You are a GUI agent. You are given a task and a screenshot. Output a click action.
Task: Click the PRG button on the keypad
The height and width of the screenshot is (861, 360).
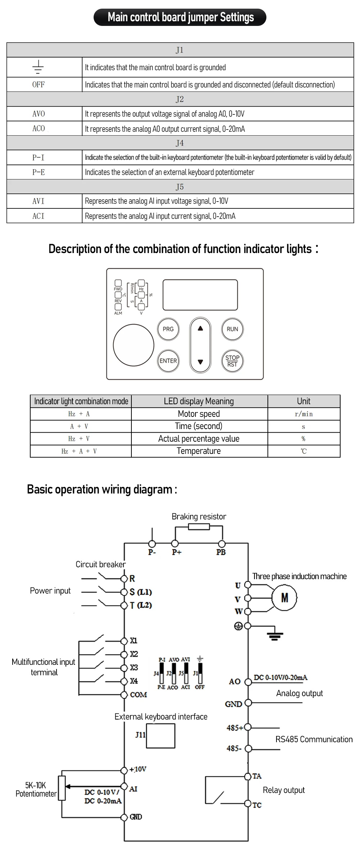click(x=168, y=329)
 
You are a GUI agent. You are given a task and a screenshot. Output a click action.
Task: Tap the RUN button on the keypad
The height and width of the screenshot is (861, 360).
click(x=232, y=329)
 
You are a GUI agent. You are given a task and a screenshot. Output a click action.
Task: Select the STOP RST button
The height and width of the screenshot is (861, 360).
click(x=232, y=361)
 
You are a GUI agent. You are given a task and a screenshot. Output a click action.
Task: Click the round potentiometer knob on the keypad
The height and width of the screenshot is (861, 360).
click(x=134, y=345)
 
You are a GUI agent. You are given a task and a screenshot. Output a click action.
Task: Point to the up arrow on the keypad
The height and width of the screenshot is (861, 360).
click(x=201, y=328)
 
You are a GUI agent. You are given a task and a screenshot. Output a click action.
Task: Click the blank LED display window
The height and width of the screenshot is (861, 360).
click(x=200, y=295)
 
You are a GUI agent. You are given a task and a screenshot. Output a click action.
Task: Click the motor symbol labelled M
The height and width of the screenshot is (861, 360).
click(x=284, y=598)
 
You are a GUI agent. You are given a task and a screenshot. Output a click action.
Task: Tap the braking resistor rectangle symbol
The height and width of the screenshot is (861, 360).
click(x=199, y=527)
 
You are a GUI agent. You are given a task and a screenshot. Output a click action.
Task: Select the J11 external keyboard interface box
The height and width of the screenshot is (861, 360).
click(x=161, y=736)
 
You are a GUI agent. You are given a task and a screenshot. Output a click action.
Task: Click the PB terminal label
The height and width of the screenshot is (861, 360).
click(x=221, y=552)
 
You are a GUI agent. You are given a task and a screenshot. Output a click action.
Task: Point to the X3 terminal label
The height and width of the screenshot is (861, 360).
click(x=134, y=668)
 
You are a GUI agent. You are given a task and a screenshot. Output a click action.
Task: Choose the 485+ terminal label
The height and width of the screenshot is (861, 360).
click(x=235, y=728)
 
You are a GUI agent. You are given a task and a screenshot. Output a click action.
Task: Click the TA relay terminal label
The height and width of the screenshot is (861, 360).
click(x=257, y=776)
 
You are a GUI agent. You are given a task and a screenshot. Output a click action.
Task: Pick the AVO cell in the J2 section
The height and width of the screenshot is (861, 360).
click(x=39, y=114)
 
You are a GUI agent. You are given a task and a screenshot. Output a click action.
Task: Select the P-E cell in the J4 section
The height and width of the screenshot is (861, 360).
click(x=39, y=172)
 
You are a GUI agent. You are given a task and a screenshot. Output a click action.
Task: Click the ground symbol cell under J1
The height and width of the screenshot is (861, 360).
click(x=38, y=67)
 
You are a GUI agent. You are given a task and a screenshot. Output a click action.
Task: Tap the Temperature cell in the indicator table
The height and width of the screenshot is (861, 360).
click(x=199, y=451)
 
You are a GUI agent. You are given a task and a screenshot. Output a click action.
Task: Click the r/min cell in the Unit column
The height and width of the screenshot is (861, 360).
click(x=304, y=414)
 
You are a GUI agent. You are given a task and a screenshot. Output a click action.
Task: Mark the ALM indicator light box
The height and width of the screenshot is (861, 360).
click(x=118, y=307)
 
